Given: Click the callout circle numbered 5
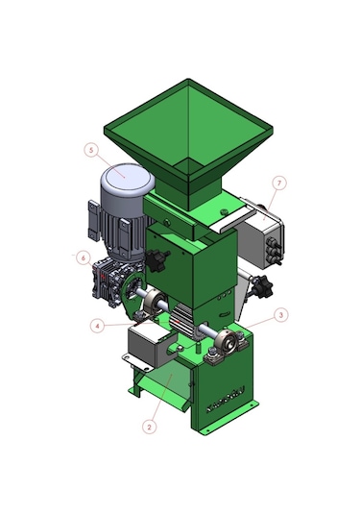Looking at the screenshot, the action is pyautogui.click(x=91, y=150).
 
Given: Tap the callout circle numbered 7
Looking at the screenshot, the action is pyautogui.click(x=279, y=184).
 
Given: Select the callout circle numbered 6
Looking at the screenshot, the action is pyautogui.click(x=84, y=258).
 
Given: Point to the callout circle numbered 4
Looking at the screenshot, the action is pyautogui.click(x=97, y=326).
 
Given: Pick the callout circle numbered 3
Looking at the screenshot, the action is pyautogui.click(x=281, y=315).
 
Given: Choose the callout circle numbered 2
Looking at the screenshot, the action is pyautogui.click(x=150, y=428).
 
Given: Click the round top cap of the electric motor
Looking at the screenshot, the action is pyautogui.click(x=128, y=178).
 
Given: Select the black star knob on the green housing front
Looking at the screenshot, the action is pyautogui.click(x=157, y=260).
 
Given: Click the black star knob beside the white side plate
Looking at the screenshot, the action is pyautogui.click(x=262, y=286).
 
